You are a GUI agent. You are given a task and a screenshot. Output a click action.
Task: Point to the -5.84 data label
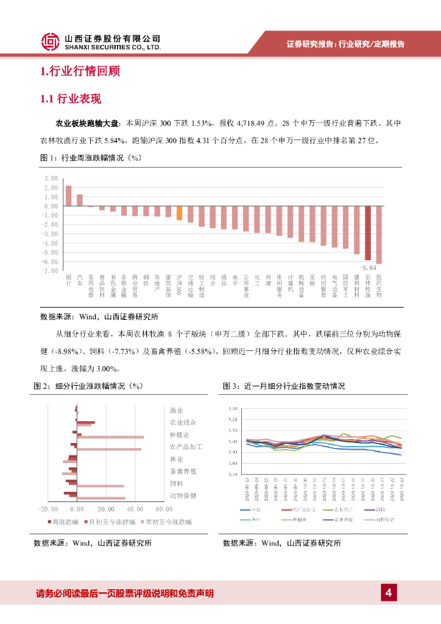[x=369, y=267]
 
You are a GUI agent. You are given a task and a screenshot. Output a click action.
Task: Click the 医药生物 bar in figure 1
[x=379, y=235]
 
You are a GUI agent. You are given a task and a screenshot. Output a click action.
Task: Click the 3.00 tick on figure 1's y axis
[x=51, y=178]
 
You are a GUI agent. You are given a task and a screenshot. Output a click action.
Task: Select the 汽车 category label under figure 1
[x=80, y=280]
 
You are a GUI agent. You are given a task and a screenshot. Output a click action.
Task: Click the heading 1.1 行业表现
[x=70, y=99]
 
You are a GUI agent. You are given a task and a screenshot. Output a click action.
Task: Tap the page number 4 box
[x=388, y=592]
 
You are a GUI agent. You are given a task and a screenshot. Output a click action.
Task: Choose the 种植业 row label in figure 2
[x=180, y=434]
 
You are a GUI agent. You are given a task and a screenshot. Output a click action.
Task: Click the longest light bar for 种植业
[x=110, y=437]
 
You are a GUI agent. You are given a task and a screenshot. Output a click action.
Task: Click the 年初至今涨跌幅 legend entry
[x=166, y=522]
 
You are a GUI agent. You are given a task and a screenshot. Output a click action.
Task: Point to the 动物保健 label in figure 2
[x=183, y=495]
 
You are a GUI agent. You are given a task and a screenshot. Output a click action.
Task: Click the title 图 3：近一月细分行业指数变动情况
[x=284, y=386]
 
